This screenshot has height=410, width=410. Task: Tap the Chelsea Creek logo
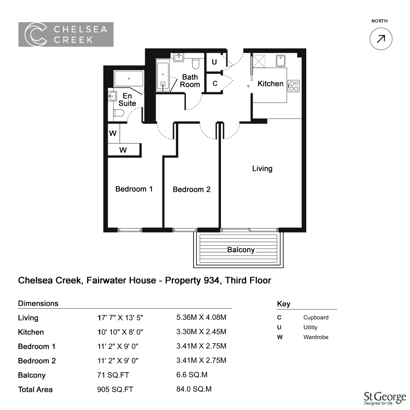click(66, 34)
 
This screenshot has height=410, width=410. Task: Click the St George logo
click(385, 398)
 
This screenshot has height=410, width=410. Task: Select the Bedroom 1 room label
click(134, 189)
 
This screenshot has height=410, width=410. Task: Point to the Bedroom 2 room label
click(191, 189)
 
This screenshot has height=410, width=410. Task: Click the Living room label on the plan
click(262, 169)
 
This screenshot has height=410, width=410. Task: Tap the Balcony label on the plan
click(241, 250)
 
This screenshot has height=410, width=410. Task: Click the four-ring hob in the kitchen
click(294, 86)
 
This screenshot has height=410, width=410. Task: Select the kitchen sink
click(280, 61)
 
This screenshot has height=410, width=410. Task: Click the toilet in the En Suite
click(119, 113)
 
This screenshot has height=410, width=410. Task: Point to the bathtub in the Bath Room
click(163, 75)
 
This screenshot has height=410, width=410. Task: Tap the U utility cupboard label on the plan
click(214, 62)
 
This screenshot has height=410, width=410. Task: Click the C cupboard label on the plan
click(215, 83)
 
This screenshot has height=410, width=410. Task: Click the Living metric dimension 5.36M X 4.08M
click(201, 317)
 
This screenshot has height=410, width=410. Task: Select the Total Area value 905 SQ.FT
click(115, 389)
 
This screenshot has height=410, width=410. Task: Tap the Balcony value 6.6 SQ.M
click(191, 375)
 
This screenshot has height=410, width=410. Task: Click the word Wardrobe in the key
click(316, 337)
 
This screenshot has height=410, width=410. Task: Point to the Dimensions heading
click(38, 303)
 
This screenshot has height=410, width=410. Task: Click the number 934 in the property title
click(211, 280)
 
